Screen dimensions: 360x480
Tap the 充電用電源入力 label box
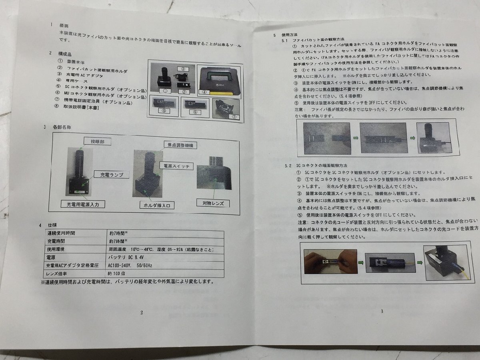[83, 204]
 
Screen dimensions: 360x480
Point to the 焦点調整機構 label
[181, 145]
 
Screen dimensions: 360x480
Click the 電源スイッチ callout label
[176, 165]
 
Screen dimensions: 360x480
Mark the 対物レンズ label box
[213, 203]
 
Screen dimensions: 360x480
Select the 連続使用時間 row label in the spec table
[61, 233]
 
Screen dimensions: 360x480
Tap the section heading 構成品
[66, 54]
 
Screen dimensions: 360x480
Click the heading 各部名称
[62, 127]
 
